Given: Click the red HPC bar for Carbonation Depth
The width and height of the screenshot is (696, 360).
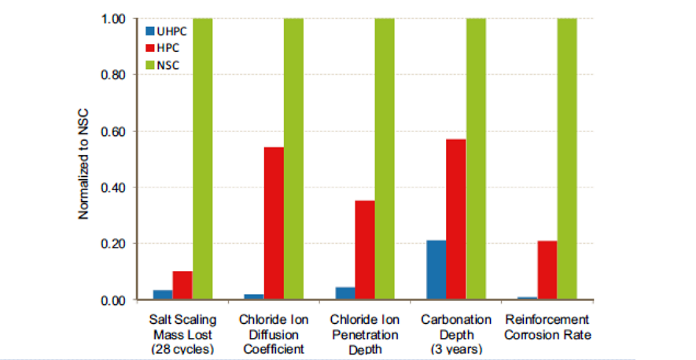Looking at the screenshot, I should pos(456,219).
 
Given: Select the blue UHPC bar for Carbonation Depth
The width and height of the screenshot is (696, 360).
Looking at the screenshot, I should pos(436,270).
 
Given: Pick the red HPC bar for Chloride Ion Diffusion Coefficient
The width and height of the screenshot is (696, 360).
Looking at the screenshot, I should pos(274,223).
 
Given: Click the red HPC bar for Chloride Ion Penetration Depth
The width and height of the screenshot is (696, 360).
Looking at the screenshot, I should pos(365,250).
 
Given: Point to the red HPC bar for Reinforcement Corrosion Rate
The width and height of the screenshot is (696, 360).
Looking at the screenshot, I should pos(547,270).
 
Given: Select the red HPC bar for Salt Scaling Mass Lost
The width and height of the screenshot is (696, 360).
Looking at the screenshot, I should pos(182,285).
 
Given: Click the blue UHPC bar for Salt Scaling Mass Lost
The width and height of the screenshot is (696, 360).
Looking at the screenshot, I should pos(163,295).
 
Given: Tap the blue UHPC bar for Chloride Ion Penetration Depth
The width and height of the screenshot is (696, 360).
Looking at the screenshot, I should pos(344,293).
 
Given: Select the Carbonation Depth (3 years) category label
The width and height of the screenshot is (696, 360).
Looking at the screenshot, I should pos(456,333).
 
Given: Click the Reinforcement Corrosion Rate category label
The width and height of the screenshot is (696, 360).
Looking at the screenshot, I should pos(547,327).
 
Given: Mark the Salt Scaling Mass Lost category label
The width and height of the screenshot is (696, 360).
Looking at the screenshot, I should pos(182,333).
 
